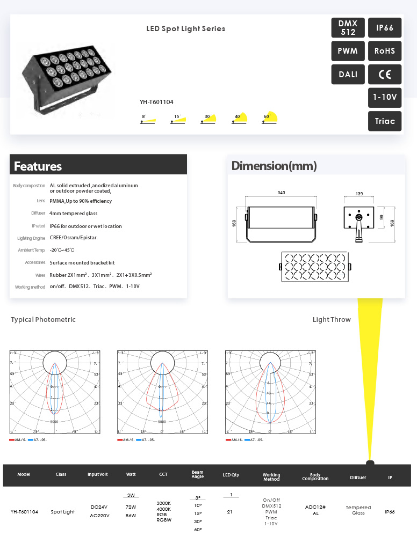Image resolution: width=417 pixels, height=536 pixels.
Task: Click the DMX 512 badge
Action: (348, 28)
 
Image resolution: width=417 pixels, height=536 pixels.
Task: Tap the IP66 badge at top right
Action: (385, 28)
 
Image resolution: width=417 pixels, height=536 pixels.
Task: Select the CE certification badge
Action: (385, 75)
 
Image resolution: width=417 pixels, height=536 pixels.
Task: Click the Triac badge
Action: (385, 121)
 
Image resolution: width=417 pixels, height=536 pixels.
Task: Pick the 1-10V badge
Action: (385, 98)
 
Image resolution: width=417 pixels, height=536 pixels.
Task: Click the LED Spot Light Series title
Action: (186, 28)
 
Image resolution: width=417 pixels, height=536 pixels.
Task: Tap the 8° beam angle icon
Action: (147, 119)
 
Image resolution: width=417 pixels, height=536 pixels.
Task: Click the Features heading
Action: (38, 166)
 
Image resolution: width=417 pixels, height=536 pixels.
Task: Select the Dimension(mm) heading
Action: (274, 166)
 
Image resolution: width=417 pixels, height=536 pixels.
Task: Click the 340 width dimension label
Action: (281, 193)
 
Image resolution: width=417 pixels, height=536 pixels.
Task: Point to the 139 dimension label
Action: (359, 193)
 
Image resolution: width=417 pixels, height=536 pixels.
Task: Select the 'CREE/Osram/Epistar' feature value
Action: (73, 238)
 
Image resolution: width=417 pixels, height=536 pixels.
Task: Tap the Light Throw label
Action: (332, 320)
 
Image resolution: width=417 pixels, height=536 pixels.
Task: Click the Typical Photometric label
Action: (43, 320)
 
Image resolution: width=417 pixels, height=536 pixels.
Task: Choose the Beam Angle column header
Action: (198, 475)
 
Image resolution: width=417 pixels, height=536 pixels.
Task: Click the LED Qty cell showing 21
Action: (230, 512)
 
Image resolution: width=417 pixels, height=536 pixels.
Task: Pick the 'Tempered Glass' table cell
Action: (358, 510)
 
